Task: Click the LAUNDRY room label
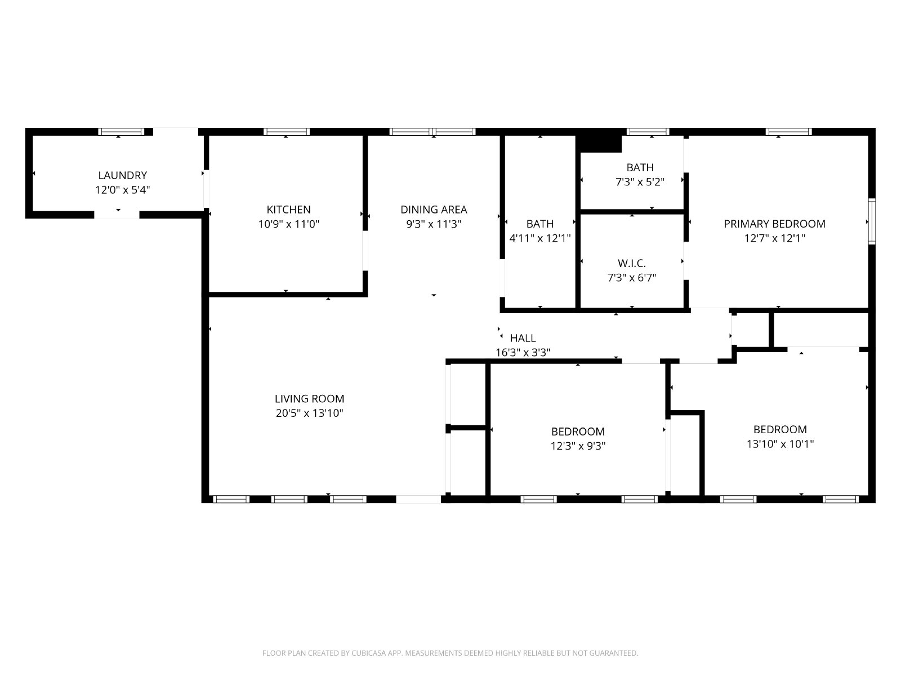[122, 175]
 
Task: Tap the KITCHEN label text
[288, 210]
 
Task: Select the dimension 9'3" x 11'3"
[434, 224]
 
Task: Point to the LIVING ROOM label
[310, 398]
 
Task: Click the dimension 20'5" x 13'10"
[310, 413]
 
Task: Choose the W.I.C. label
[632, 263]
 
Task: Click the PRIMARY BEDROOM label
[774, 224]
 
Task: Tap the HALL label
[523, 338]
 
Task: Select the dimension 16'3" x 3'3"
[523, 352]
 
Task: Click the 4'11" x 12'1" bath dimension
[540, 238]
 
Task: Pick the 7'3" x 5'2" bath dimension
[640, 182]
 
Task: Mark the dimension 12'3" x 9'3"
[578, 446]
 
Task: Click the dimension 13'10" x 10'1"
[780, 444]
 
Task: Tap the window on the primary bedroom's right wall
[872, 221]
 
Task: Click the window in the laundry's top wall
[121, 132]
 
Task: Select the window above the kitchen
[287, 132]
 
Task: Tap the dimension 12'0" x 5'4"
[122, 190]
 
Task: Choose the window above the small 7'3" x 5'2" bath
[648, 132]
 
